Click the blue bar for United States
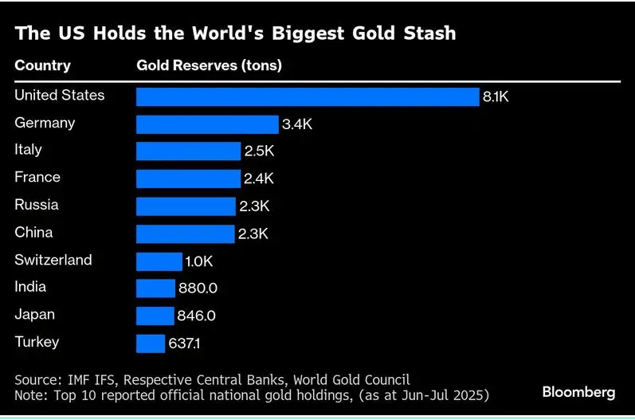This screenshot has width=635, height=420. click(308, 96)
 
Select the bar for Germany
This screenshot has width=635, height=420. click(207, 124)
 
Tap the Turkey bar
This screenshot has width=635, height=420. click(151, 343)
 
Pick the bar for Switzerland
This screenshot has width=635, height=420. click(159, 261)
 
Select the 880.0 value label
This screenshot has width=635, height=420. click(196, 289)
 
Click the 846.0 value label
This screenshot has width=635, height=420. click(195, 316)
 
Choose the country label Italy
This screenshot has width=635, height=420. click(29, 150)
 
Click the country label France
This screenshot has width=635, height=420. click(37, 177)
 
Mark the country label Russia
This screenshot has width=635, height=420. click(37, 205)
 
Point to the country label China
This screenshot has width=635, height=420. click(33, 232)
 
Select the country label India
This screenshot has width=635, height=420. click(30, 287)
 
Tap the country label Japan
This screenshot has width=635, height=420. click(33, 314)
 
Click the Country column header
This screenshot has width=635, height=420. click(42, 65)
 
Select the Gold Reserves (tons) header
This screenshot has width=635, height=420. click(210, 65)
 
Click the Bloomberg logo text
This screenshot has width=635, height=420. click(578, 392)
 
